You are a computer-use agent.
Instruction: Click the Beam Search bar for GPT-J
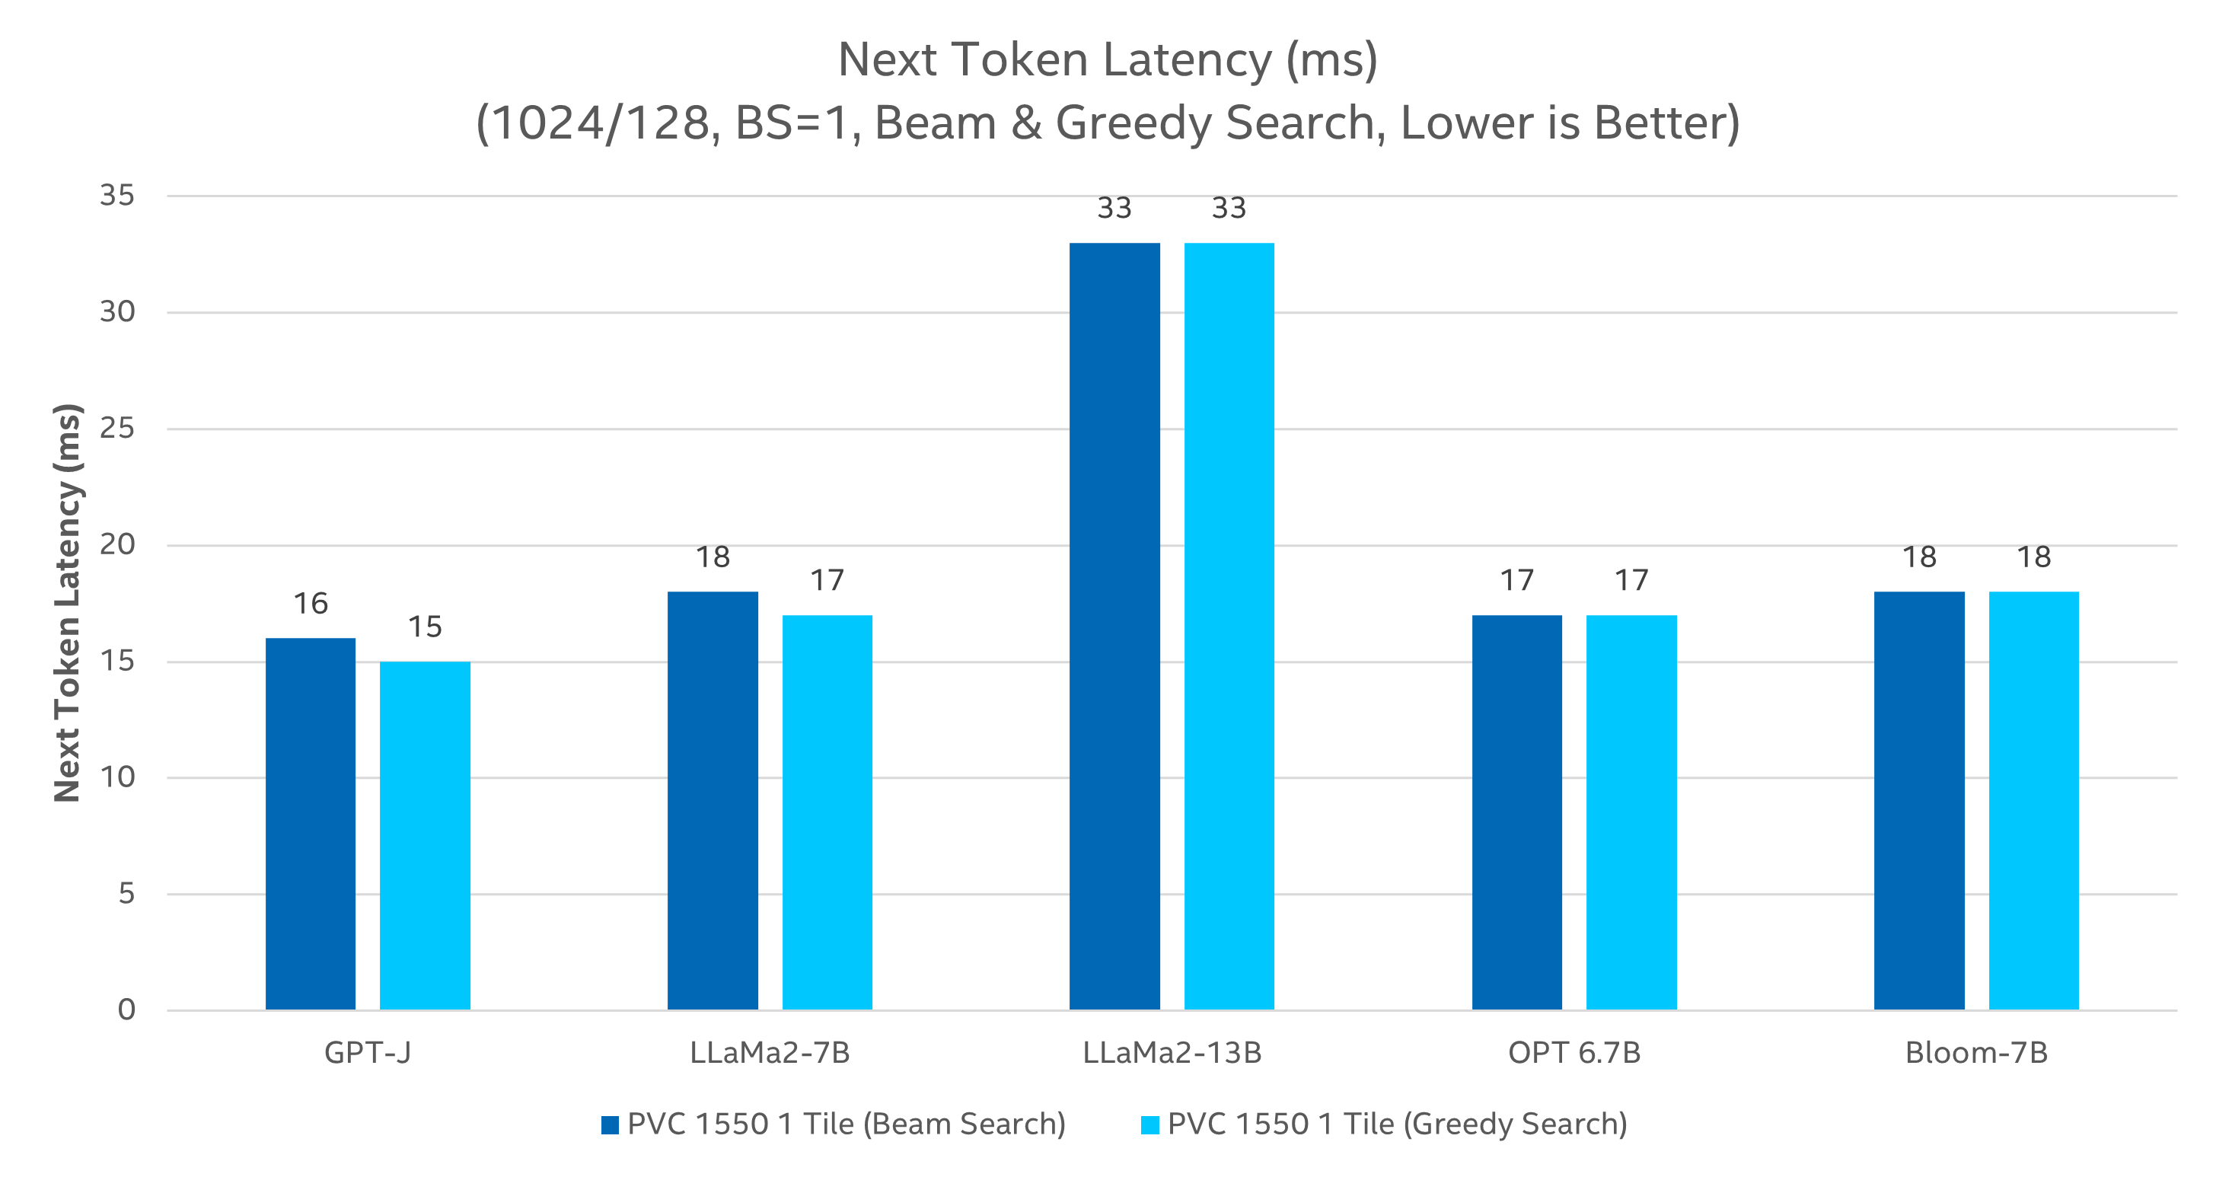tap(311, 824)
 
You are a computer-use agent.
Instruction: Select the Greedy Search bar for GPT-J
tap(425, 835)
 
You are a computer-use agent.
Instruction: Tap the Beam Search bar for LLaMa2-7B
tap(713, 800)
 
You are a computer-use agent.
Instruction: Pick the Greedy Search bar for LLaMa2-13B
tap(1229, 626)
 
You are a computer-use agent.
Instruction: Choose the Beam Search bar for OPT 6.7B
tap(1517, 812)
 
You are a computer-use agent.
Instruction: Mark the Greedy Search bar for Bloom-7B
tap(2033, 800)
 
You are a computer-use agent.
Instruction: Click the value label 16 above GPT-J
tap(311, 604)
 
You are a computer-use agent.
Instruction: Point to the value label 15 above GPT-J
tap(425, 627)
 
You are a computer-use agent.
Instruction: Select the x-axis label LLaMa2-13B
tap(1172, 1052)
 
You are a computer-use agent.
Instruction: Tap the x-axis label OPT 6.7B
tap(1574, 1052)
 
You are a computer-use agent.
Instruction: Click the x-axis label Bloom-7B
tap(1976, 1052)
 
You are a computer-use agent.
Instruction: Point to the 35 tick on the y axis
tap(118, 196)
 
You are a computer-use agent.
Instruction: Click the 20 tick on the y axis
tap(118, 544)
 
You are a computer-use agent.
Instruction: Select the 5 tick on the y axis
tap(126, 894)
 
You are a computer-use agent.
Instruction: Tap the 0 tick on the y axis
tap(126, 1010)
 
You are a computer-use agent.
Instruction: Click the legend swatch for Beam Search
tap(610, 1124)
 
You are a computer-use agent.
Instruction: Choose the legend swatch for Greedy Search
tap(1149, 1124)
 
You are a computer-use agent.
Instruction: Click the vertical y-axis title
tap(67, 602)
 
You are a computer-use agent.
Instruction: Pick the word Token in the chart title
tap(1023, 60)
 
